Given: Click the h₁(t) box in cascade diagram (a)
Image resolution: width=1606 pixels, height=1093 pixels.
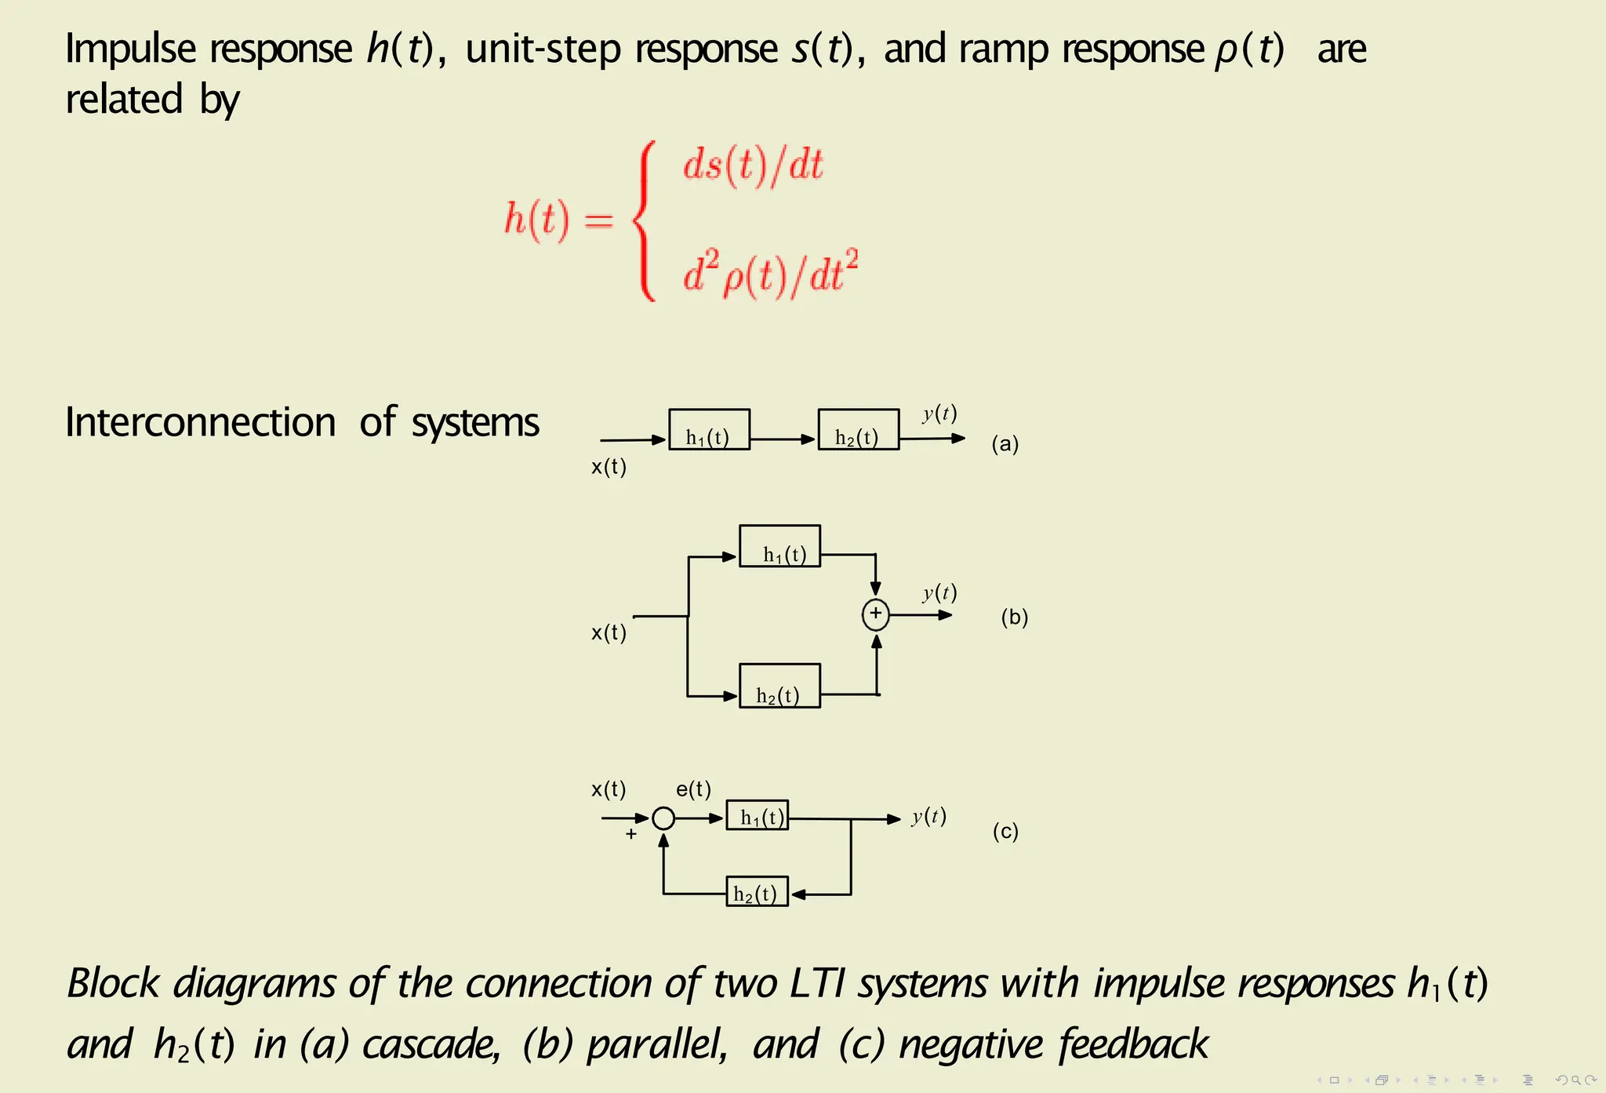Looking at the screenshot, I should (709, 429).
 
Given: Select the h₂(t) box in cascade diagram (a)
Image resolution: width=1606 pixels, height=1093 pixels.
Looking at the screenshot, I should (858, 429).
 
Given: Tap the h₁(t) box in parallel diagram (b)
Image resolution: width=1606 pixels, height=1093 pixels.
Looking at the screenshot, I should (779, 546).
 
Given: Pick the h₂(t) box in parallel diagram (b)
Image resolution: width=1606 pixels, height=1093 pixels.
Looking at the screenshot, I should (779, 686).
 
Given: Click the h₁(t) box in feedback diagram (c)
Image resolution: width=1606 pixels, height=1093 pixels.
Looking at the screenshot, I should (757, 816).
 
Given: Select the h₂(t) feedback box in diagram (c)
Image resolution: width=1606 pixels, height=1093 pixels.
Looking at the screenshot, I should (757, 892).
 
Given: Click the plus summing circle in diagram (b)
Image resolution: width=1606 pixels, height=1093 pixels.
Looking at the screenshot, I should (875, 614).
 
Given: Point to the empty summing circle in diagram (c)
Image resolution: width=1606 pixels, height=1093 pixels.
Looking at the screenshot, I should (663, 818).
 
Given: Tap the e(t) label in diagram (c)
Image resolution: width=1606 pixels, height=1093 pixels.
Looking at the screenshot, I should (693, 789).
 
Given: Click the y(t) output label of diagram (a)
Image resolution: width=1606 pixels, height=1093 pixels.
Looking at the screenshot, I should (939, 414).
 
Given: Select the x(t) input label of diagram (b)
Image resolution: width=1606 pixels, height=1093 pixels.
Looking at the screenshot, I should (609, 632).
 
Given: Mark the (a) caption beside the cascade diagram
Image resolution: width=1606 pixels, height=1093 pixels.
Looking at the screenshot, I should (1005, 444).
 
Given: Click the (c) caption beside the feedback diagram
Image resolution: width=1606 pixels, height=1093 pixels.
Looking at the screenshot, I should (1005, 831).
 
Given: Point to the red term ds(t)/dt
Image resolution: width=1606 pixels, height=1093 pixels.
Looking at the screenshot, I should (753, 166).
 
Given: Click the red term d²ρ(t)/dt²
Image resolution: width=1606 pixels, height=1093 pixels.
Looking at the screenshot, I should (770, 274).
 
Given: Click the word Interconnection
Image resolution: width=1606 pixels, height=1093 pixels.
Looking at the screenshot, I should (201, 423).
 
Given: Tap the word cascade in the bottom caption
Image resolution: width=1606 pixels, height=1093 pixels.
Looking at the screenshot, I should (431, 1044).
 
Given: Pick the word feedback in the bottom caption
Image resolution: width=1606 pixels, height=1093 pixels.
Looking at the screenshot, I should (1132, 1044).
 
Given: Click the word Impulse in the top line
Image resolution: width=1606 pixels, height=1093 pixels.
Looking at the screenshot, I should (130, 49).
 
